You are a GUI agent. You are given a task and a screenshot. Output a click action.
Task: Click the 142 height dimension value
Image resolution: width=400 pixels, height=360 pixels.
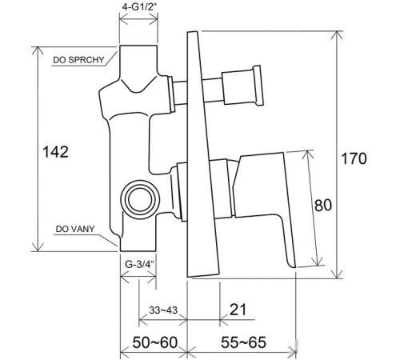[55, 152]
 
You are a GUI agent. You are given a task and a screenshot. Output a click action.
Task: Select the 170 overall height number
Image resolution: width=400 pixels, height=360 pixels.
[354, 158]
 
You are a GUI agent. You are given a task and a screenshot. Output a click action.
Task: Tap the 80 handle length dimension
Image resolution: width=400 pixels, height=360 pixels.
[323, 205]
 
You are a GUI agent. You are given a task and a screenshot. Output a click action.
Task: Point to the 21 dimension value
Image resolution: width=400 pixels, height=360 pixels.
[238, 310]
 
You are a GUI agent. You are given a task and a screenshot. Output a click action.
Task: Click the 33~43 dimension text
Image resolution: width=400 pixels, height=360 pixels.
[163, 310]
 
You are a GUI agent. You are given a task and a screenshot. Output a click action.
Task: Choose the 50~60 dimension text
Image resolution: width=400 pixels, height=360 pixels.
[155, 342]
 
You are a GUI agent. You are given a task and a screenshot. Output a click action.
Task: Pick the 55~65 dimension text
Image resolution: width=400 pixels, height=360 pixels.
[243, 342]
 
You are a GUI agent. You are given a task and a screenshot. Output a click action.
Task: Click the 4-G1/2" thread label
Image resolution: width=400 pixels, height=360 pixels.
[138, 7]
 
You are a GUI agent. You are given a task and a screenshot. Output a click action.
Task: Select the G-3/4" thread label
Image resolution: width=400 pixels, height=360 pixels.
[140, 264]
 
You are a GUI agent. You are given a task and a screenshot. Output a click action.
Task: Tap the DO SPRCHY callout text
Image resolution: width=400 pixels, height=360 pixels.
[78, 60]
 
